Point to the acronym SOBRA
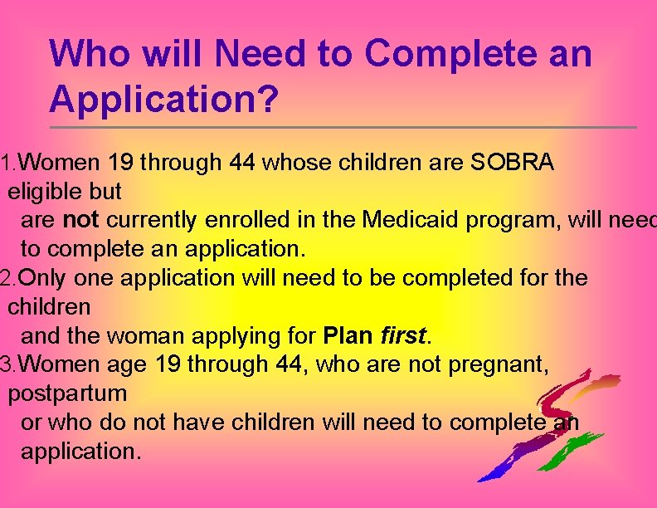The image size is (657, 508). [512, 162]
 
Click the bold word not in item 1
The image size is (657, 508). [80, 220]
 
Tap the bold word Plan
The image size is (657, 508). [348, 336]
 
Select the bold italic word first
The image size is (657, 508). [401, 336]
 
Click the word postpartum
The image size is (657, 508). [67, 393]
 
